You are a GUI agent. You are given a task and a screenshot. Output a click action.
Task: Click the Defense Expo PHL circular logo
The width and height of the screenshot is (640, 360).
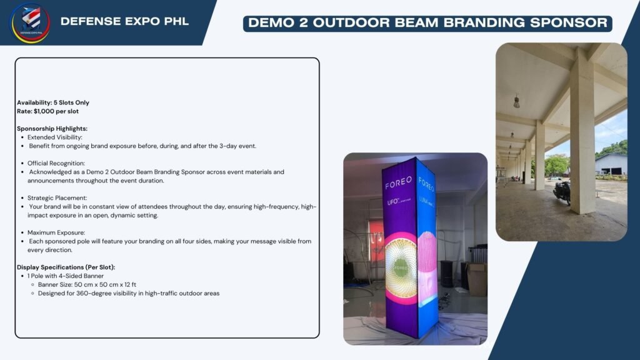click(x=31, y=23)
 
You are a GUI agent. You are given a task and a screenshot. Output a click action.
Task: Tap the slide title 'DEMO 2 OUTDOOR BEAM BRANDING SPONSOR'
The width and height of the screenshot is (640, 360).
click(x=427, y=23)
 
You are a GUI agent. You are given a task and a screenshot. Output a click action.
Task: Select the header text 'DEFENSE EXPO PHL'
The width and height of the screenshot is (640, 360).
click(x=124, y=22)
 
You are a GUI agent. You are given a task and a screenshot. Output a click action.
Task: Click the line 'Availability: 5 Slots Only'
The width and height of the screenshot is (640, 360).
click(x=53, y=102)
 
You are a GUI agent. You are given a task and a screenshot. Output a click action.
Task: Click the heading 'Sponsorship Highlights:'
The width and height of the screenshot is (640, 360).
click(x=52, y=129)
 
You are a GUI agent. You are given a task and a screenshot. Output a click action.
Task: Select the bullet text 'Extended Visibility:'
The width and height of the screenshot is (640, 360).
click(x=55, y=137)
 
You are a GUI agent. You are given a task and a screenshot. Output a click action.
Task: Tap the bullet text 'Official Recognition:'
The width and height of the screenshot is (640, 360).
click(x=56, y=163)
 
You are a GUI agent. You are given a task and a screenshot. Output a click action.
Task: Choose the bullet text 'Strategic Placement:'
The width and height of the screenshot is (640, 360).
click(x=57, y=198)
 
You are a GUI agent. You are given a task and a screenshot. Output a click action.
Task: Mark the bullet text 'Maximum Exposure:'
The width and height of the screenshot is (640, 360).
click(x=56, y=232)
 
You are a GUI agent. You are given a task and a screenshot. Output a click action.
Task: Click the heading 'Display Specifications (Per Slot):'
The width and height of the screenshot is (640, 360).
click(x=66, y=267)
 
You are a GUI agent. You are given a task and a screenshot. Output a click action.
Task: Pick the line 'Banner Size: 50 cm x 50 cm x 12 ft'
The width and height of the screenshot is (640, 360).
click(x=87, y=284)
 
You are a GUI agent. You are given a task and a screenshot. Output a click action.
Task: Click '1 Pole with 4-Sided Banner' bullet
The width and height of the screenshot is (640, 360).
click(x=65, y=276)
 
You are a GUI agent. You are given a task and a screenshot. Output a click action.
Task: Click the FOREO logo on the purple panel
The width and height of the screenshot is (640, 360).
click(x=398, y=183)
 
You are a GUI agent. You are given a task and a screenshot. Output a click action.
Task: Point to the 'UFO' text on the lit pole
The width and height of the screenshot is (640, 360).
click(x=392, y=202)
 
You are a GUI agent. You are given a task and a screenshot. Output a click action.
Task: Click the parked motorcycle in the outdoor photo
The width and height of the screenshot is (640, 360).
click(x=562, y=192)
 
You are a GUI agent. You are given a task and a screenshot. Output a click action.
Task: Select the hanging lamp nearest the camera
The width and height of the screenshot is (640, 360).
click(x=516, y=101)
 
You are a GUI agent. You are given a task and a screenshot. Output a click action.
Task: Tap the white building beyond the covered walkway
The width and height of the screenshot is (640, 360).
click(x=611, y=164)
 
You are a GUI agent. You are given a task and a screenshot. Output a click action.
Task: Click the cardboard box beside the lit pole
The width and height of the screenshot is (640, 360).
click(x=477, y=279)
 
